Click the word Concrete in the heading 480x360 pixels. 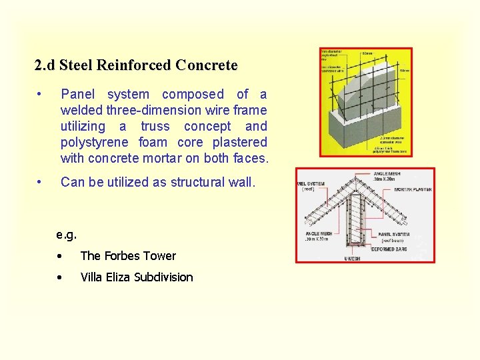pyautogui.click(x=206, y=65)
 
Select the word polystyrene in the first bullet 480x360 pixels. pyautogui.click(x=96, y=142)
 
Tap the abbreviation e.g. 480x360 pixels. pyautogui.click(x=67, y=235)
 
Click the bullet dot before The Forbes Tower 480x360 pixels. pyautogui.click(x=60, y=257)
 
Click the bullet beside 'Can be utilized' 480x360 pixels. pyautogui.click(x=41, y=182)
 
